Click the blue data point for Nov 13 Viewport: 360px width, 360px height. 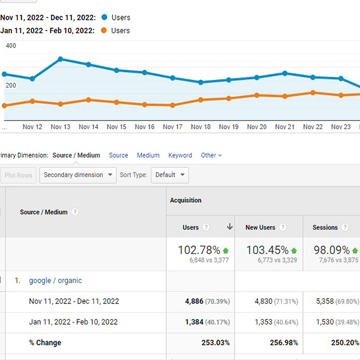tap(61, 59)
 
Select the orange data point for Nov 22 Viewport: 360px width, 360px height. tap(313, 93)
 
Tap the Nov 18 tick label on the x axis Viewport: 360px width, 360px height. tap(200, 127)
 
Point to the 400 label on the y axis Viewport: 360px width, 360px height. tap(11, 46)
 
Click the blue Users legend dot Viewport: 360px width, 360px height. tap(104, 17)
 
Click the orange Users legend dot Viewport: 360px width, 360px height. tap(104, 31)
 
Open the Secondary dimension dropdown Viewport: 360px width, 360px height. tap(78, 175)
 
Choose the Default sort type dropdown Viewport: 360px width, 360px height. tap(170, 175)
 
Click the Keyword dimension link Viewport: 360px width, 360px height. tap(180, 155)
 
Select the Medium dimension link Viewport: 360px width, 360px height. tap(148, 155)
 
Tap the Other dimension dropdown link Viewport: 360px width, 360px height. tap(211, 155)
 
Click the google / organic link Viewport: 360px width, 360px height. tap(55, 281)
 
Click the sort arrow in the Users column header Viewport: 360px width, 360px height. tap(230, 227)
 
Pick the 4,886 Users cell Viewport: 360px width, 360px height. tap(194, 301)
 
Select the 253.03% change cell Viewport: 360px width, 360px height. tap(215, 343)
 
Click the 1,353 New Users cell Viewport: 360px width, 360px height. tap(263, 322)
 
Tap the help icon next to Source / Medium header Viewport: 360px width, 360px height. tap(74, 212)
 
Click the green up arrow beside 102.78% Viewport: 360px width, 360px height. tap(226, 250)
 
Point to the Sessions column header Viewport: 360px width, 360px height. tap(325, 227)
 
